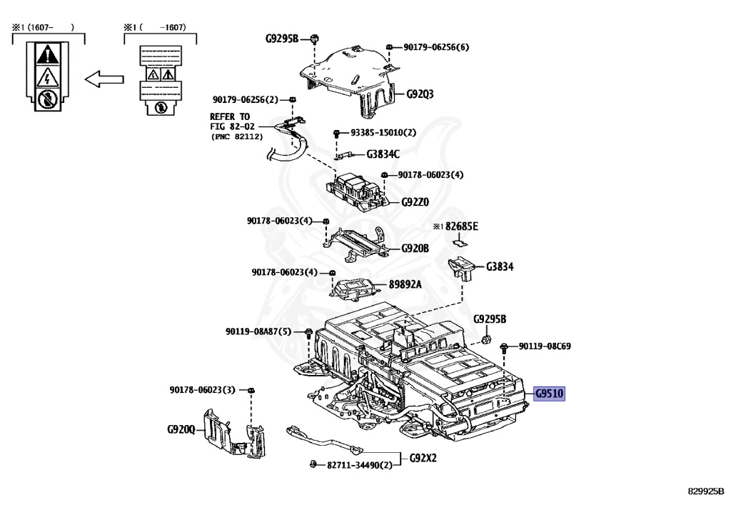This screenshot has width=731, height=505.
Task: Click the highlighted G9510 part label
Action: (549, 394)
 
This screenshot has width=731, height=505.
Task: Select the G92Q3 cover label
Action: (420, 94)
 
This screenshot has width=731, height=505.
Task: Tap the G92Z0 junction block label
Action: (415, 202)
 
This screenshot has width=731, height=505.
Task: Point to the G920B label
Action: (415, 249)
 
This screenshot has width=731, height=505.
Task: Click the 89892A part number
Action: (405, 284)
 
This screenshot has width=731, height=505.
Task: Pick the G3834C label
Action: (383, 154)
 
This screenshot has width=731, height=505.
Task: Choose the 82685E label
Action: (462, 226)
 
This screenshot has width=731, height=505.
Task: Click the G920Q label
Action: (181, 429)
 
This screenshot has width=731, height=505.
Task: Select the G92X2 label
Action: (423, 457)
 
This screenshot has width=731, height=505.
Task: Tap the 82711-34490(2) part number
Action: (360, 466)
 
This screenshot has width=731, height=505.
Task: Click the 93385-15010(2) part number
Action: (383, 133)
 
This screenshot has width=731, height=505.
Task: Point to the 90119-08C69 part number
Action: (544, 346)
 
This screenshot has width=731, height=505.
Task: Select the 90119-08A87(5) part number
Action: (258, 331)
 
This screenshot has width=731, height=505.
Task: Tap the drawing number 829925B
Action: (706, 491)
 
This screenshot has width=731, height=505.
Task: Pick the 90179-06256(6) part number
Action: (436, 47)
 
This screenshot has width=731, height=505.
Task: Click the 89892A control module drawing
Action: (355, 287)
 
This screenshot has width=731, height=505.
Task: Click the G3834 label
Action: (500, 266)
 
